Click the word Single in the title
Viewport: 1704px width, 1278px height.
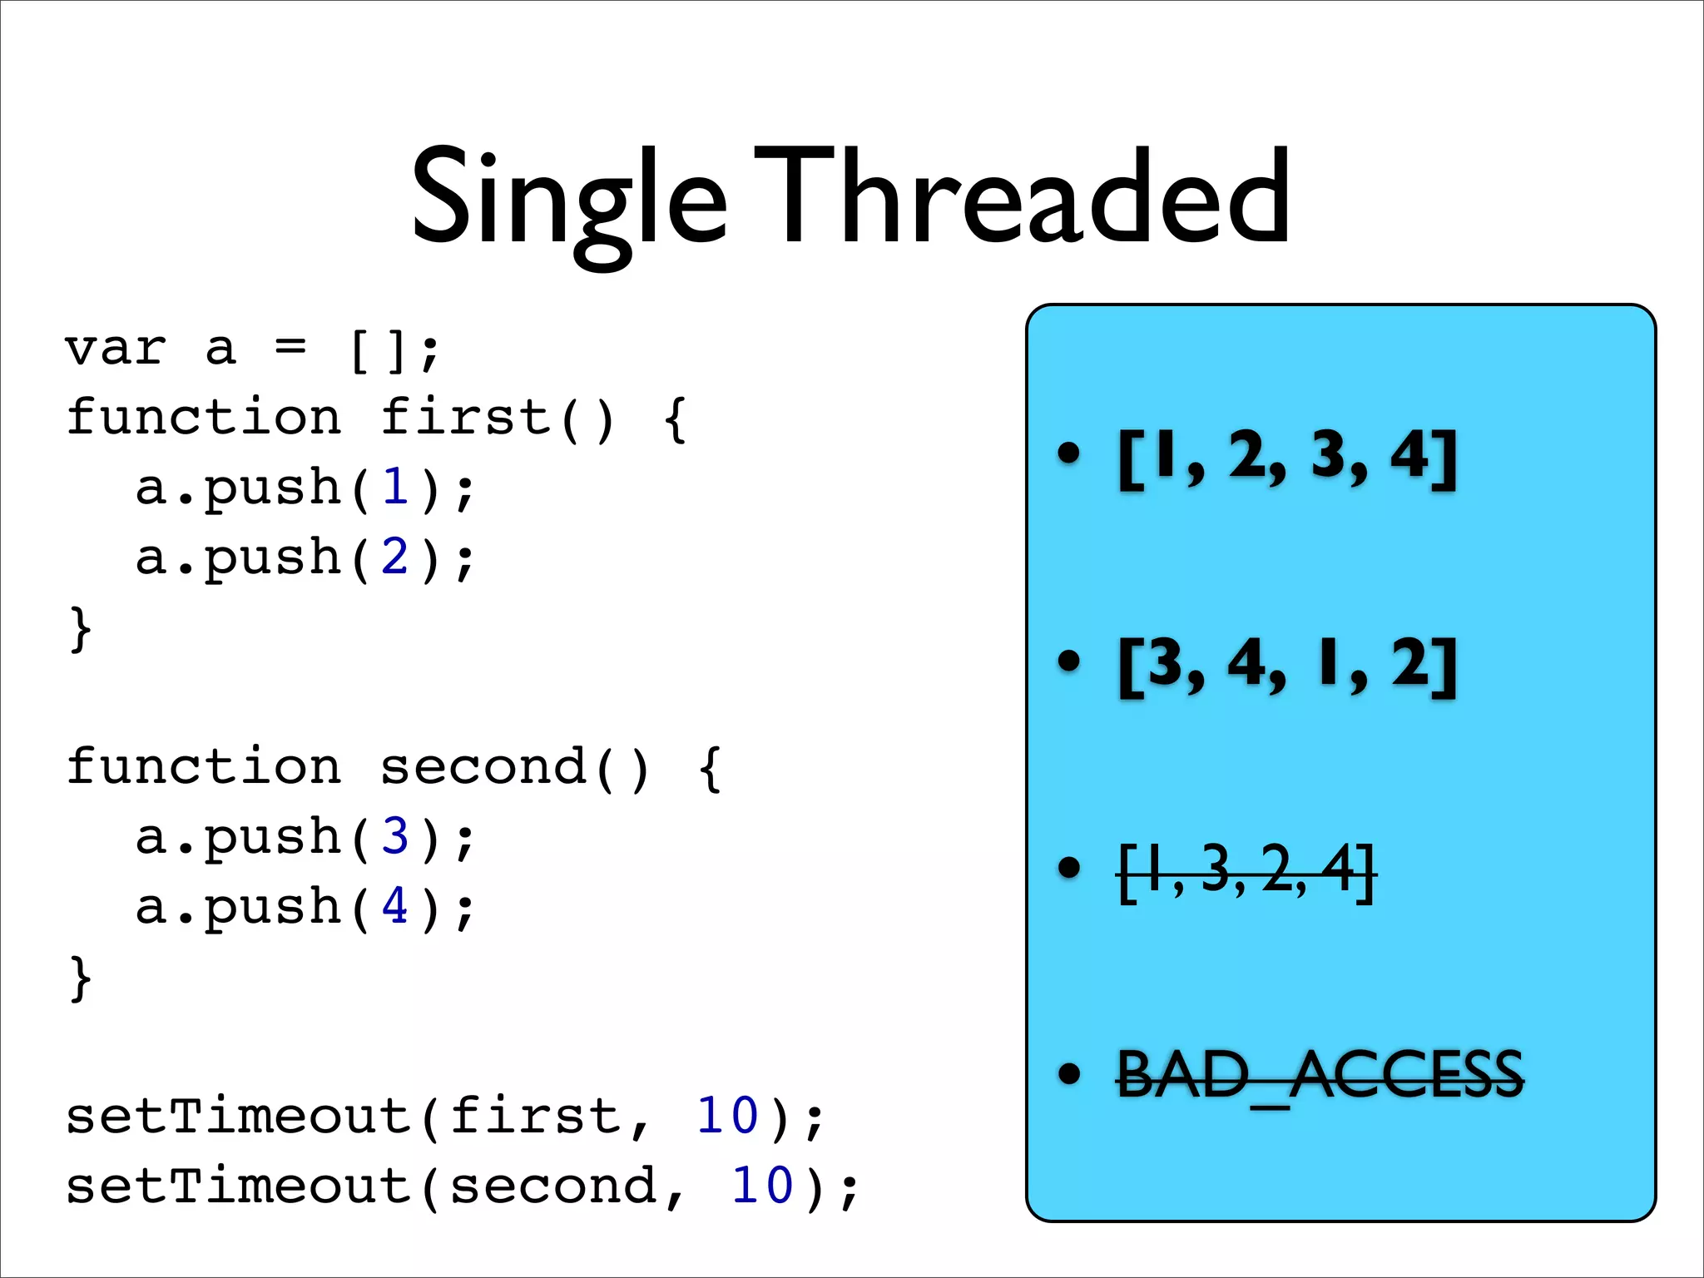[569, 200]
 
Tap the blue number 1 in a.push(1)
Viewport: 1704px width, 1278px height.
[395, 488]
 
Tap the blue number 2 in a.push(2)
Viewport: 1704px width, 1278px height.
[395, 557]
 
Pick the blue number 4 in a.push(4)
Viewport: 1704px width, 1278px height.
[395, 906]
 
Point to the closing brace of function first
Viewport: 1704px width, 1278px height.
[80, 629]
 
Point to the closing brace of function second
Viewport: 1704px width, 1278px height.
[80, 978]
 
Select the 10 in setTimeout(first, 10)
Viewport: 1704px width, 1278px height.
[727, 1116]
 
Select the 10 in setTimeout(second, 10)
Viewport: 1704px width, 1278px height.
[762, 1186]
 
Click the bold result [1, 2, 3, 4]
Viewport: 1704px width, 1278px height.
[1287, 457]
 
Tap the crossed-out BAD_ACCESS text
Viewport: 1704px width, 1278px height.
[1320, 1076]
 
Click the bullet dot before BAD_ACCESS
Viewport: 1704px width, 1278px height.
[1068, 1074]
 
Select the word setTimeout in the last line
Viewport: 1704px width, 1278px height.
[240, 1186]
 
